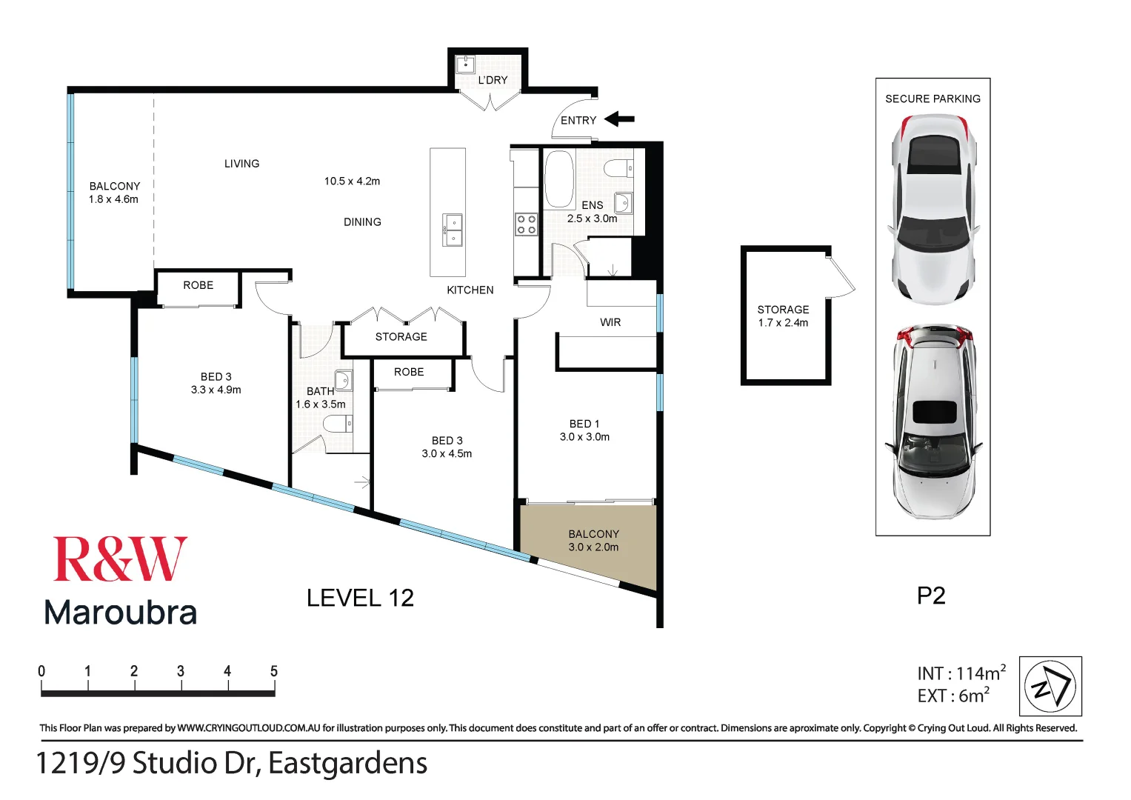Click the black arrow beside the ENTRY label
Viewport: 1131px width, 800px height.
620,119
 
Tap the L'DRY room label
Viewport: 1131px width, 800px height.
493,80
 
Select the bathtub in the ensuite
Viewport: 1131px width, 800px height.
559,179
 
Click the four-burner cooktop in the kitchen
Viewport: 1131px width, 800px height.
526,224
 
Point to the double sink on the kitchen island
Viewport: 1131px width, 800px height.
453,230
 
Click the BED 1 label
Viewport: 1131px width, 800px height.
584,424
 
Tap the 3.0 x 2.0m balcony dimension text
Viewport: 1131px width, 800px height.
593,547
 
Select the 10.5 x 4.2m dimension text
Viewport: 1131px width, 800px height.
352,181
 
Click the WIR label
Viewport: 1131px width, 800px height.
610,322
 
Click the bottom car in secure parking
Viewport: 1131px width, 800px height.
933,420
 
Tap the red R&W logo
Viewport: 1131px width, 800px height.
120,560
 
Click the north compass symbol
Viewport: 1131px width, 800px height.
1050,686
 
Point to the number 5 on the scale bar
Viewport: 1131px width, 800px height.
274,671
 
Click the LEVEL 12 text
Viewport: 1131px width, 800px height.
360,598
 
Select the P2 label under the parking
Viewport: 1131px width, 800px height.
931,596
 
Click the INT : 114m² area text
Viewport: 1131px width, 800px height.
961,673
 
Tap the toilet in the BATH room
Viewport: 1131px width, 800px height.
338,424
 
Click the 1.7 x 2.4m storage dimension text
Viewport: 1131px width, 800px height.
783,323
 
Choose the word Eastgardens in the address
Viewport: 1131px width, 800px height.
347,764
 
